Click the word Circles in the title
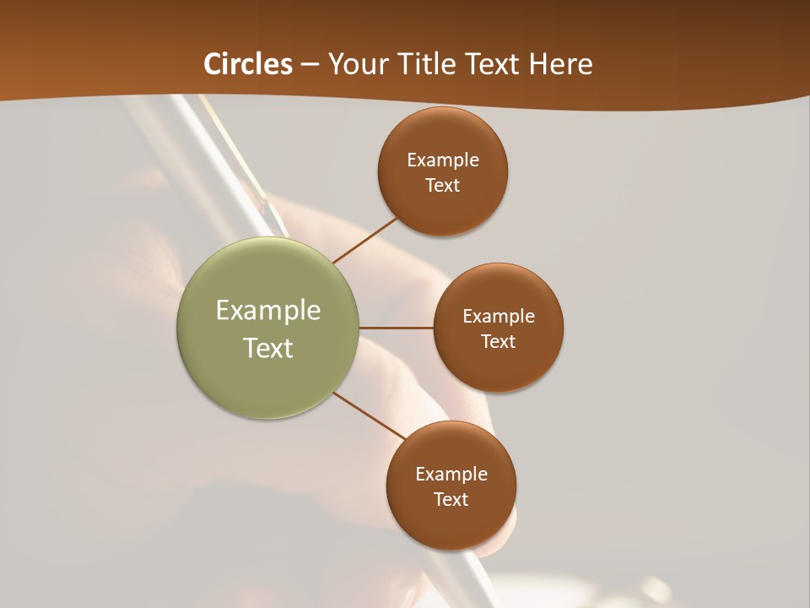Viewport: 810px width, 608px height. (x=247, y=64)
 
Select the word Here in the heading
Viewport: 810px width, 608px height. (x=559, y=64)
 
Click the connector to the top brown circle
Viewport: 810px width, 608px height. (x=366, y=240)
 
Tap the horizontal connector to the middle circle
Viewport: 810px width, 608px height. (x=397, y=328)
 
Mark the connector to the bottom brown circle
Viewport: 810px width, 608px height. (x=370, y=415)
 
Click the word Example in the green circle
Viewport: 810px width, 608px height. (x=268, y=311)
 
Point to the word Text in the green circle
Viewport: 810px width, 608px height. (x=268, y=348)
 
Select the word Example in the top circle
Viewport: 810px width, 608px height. (x=443, y=160)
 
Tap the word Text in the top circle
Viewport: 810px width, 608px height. (x=443, y=186)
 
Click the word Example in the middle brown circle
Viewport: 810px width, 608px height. (x=499, y=317)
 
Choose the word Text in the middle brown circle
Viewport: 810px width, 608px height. (x=499, y=342)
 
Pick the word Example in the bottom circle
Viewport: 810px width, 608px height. (x=451, y=475)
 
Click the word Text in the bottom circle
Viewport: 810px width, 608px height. (x=451, y=500)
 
